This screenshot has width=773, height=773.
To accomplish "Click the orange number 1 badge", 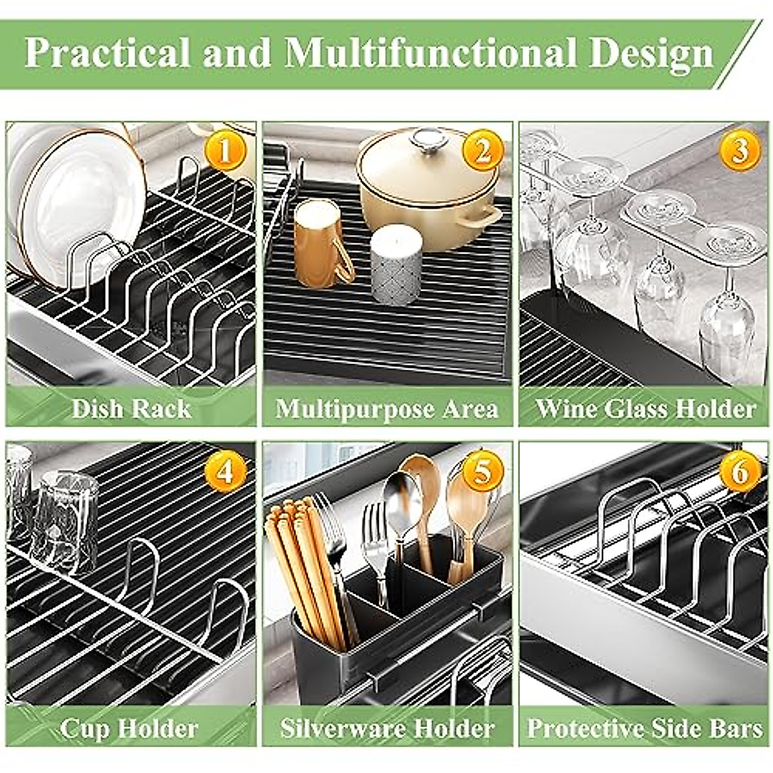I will coord(225,152).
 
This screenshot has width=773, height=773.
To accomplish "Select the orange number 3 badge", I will coord(740,152).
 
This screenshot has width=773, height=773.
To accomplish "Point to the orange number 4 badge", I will coord(225,472).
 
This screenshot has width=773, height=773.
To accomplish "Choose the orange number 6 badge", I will coord(740,472).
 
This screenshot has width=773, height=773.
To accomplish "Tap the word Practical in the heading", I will coord(108,53).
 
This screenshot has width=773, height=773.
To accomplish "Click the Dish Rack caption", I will coord(131,409).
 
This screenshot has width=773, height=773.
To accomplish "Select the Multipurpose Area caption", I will coord(387,409).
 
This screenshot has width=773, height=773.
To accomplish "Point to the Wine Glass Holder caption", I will coord(645,409).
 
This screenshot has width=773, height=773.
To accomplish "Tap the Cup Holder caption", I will coord(129,729).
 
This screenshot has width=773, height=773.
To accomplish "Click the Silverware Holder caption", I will coord(387,729).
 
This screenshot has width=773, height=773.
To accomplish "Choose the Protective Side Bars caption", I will coord(645,729).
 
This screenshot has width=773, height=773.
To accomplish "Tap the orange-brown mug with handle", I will coord(320,243).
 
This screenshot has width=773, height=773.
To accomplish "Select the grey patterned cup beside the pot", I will coord(396,264).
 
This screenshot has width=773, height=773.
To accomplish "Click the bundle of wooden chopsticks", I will coord(306,567).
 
